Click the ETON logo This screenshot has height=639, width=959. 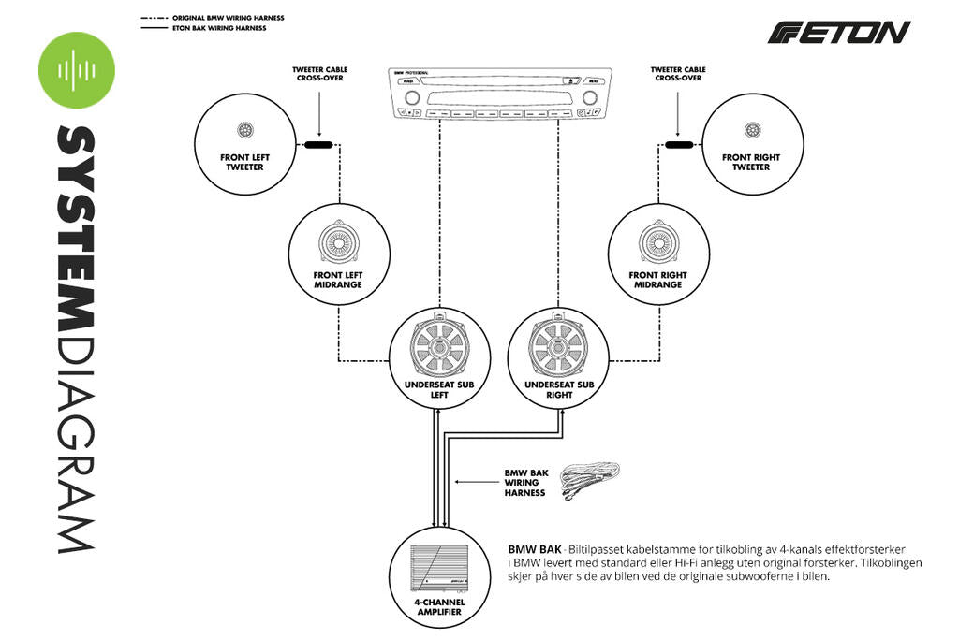point(838,33)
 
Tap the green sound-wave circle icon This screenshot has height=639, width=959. point(76,70)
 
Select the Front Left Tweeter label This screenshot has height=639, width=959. point(242,162)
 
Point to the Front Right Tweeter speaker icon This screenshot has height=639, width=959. point(751,131)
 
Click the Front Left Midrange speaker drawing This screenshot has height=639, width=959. point(338,242)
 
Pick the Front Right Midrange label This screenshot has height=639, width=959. point(657,280)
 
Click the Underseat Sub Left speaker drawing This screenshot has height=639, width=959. point(439,344)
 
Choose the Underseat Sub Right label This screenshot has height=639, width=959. point(559,389)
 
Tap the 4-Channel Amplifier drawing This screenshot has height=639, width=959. point(439,567)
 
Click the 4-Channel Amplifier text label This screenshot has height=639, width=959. point(439,607)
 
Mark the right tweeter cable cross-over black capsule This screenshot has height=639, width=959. point(679,145)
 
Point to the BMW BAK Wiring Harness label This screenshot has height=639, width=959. point(524,482)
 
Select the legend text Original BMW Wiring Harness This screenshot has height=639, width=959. point(228,18)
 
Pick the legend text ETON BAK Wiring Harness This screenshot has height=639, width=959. point(219,29)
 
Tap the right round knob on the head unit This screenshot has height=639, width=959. point(590,96)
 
